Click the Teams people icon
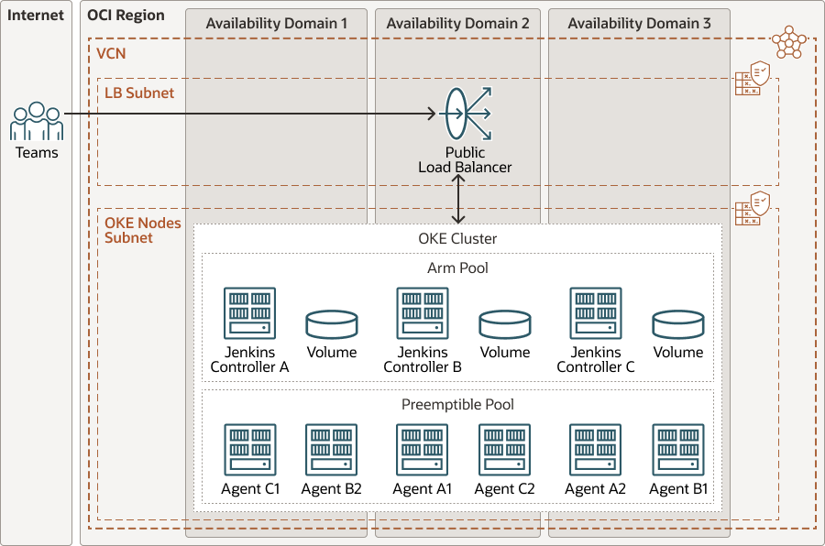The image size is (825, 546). click(37, 122)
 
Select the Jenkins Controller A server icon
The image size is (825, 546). click(250, 314)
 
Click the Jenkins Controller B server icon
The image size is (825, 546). click(423, 314)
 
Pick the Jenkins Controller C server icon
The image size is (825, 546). click(596, 314)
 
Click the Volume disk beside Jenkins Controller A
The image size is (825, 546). click(332, 324)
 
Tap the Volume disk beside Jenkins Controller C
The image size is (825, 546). click(678, 324)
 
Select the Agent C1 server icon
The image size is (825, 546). click(250, 450)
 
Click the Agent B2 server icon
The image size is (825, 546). click(332, 450)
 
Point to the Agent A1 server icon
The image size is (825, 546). click(423, 450)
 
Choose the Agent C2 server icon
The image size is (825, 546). click(505, 450)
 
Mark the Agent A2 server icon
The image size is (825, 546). click(596, 450)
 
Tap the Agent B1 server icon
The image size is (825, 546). click(678, 450)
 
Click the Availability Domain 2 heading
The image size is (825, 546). click(457, 24)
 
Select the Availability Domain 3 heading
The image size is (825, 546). click(639, 24)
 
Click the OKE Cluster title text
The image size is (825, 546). click(457, 239)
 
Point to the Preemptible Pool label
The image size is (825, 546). click(457, 404)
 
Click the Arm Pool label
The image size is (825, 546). click(457, 268)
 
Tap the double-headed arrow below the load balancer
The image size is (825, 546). click(459, 199)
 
